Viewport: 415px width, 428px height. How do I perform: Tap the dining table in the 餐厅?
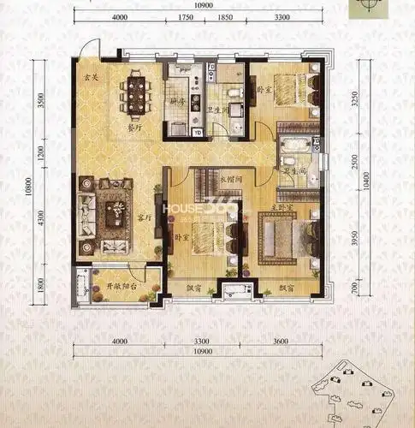[137, 93]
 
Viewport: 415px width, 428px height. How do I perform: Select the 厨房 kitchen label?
[177, 100]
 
